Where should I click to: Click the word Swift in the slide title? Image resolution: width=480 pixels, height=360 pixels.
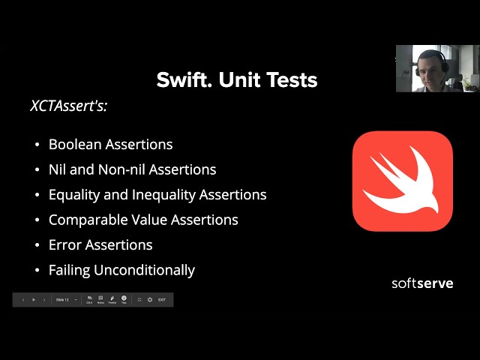coord(180,80)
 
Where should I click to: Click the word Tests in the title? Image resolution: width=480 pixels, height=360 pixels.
coord(292,80)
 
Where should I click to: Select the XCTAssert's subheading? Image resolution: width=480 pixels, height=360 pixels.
coord(69,106)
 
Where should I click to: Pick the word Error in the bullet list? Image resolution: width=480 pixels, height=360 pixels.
coord(65,244)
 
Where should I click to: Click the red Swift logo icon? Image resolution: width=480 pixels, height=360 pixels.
coord(403,181)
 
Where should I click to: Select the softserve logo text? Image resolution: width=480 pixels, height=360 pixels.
coord(422,283)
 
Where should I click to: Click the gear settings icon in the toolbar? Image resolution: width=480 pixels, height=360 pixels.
coord(150,300)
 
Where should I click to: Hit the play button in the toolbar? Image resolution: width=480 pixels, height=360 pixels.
coord(34,300)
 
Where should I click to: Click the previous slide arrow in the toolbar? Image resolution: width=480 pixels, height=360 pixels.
coord(22,300)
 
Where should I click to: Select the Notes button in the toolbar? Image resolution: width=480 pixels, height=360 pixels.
coord(100,300)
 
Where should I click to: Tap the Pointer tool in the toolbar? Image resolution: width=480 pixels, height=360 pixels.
coord(112,300)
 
